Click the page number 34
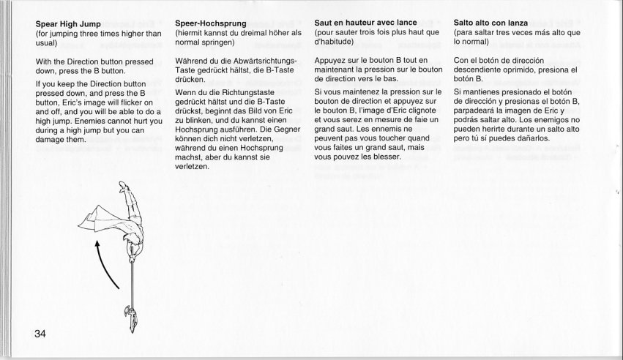click(x=40, y=334)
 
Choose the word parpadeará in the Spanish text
click(x=477, y=112)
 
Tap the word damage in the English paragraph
click(x=51, y=139)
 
